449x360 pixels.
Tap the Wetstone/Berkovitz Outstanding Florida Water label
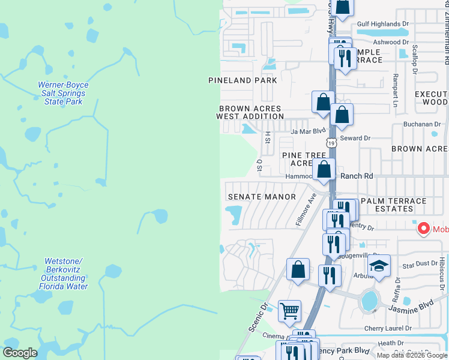click(64, 274)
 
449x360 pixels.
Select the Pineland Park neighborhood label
click(243, 80)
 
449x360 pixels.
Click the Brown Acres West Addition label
click(250, 112)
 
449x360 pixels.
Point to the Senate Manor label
click(262, 197)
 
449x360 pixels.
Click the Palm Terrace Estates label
click(395, 205)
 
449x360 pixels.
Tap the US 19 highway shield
click(331, 143)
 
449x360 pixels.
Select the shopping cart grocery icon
click(289, 311)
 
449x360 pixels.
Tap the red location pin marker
click(423, 229)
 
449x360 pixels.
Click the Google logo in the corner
click(20, 353)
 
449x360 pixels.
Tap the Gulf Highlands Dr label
click(382, 24)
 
